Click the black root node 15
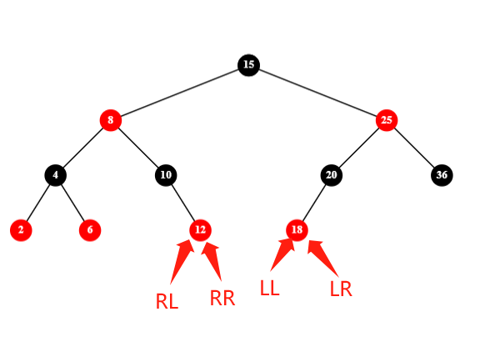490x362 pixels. pos(248,65)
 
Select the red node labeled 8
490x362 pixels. pos(111,120)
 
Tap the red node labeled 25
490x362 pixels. pos(387,120)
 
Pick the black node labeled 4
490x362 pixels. pos(55,175)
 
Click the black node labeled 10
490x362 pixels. pos(166,175)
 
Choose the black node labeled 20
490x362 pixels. pos(332,175)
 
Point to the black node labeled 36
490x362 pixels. pos(442,175)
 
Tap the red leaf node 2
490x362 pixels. pos(21,230)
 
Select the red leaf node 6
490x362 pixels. pos(90,230)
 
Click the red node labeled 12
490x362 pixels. pos(200,230)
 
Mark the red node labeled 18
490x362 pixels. pos(297,230)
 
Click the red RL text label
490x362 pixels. pos(167,302)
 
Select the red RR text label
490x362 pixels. pos(222,298)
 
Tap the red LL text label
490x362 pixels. pos(270,288)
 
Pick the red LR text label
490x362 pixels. pos(341,289)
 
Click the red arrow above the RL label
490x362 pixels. pos(182,262)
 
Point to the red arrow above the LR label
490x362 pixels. pos(323,259)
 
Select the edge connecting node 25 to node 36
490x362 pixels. pos(414,148)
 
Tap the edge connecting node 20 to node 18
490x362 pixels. pos(314,203)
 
